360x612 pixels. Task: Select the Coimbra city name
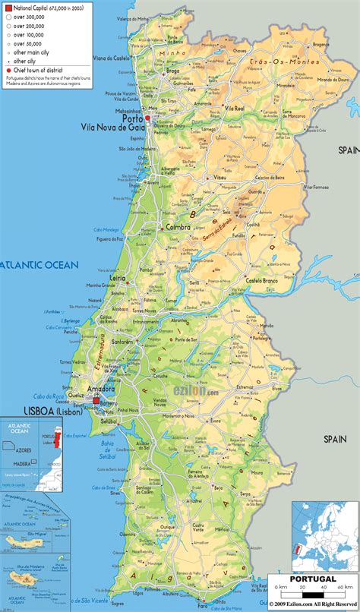click(172, 227)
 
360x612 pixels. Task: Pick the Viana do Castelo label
click(111, 58)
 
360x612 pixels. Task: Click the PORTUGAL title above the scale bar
click(312, 579)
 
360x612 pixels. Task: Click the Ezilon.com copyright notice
click(312, 605)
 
